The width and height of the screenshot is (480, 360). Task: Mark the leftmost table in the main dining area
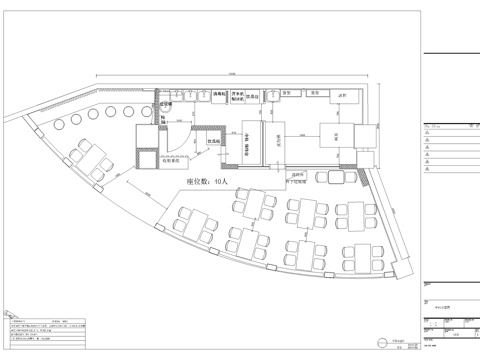[188, 223]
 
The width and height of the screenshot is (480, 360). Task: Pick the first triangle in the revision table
[428, 133]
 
